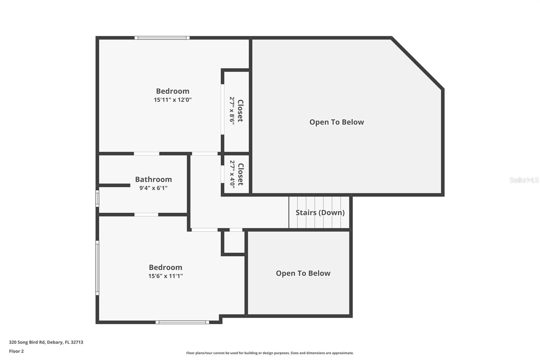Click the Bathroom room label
[x=153, y=179]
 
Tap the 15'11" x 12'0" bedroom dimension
[x=172, y=100]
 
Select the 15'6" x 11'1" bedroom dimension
[x=165, y=276]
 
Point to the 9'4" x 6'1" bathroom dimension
[x=153, y=188]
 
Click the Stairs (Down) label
[x=320, y=212]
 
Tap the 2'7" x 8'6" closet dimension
[x=232, y=111]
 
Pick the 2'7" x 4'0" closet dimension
[x=232, y=174]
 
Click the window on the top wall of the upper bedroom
[x=162, y=37]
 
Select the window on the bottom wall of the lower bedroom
[x=182, y=322]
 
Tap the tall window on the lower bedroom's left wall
[x=98, y=268]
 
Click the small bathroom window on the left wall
[x=98, y=199]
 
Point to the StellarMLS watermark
[x=524, y=180]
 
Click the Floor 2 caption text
[x=17, y=351]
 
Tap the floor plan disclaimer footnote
[x=270, y=353]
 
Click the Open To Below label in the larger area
[x=336, y=122]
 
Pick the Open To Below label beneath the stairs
[x=303, y=273]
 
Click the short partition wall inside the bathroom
[x=114, y=185]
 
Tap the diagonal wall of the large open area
[x=417, y=63]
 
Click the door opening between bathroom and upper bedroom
[x=146, y=154]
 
